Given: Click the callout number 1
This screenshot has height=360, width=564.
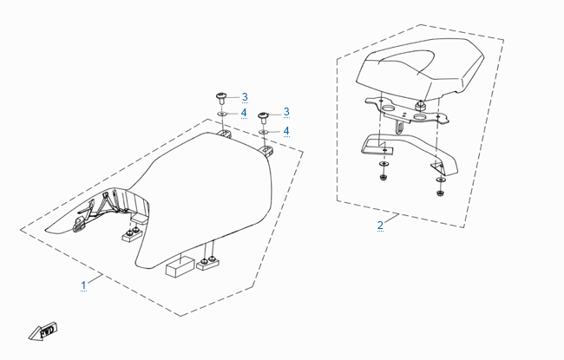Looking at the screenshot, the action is pyautogui.click(x=83, y=285).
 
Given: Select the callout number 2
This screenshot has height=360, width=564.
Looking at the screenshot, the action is pyautogui.click(x=380, y=226).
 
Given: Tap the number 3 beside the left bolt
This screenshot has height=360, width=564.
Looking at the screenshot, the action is pyautogui.click(x=245, y=97).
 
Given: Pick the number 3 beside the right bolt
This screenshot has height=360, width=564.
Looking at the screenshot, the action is pyautogui.click(x=286, y=112).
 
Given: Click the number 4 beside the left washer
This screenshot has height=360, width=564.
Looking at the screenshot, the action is pyautogui.click(x=244, y=113).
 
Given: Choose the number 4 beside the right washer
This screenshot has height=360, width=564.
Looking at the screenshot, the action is pyautogui.click(x=286, y=130).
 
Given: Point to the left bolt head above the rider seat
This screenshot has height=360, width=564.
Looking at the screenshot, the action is pyautogui.click(x=221, y=96).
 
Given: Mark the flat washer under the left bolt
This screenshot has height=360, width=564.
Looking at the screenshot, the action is pyautogui.click(x=221, y=114).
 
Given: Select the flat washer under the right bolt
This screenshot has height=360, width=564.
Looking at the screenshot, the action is pyautogui.click(x=264, y=133).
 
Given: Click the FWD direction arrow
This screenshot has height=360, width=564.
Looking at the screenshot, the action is pyautogui.click(x=43, y=331).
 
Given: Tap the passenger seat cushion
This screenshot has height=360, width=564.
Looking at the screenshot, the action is pyautogui.click(x=420, y=69).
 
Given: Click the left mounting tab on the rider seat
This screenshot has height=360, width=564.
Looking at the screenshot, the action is pyautogui.click(x=224, y=134).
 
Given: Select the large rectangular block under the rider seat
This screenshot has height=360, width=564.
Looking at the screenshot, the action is pyautogui.click(x=179, y=266).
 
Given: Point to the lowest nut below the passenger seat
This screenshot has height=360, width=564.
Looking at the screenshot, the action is pyautogui.click(x=439, y=193).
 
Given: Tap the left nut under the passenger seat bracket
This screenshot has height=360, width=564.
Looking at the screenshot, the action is pyautogui.click(x=384, y=177).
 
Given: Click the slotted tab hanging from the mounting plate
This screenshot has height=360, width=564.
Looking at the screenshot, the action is pyautogui.click(x=400, y=127).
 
